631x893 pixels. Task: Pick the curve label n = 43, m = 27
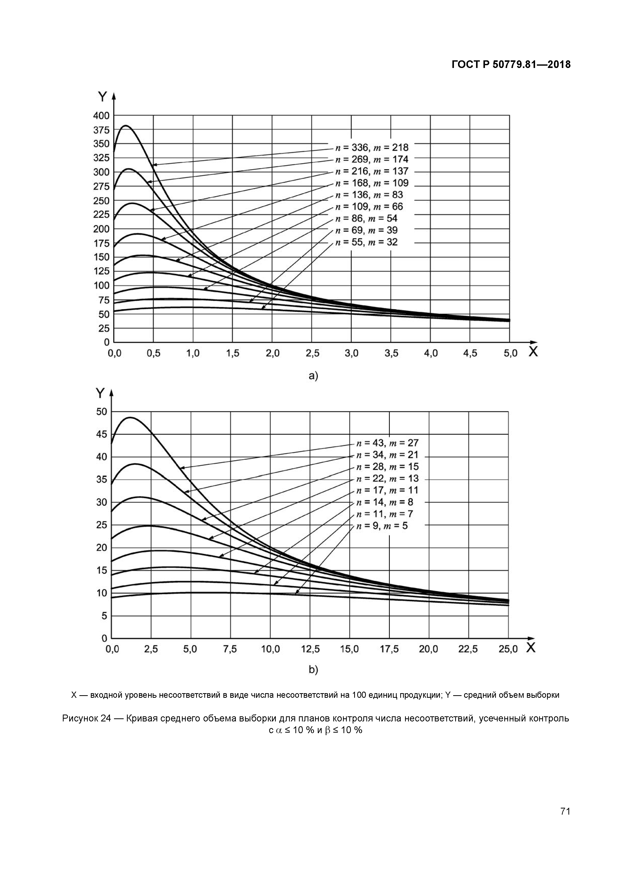tap(387, 443)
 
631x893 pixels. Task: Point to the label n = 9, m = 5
tap(382, 526)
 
